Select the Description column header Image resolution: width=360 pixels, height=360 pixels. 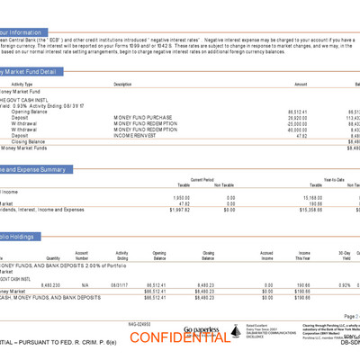123,84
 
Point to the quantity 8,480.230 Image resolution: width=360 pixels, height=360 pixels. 49,285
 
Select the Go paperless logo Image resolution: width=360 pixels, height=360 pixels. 201,330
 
